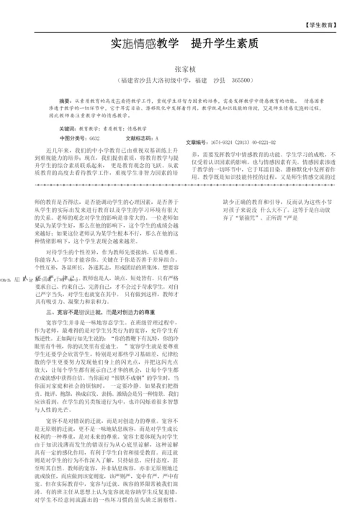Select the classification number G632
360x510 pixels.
pyautogui.click(x=94, y=137)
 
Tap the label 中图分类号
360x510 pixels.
pyautogui.click(x=73, y=137)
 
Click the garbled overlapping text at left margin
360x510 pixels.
pyautogui.click(x=32, y=275)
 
